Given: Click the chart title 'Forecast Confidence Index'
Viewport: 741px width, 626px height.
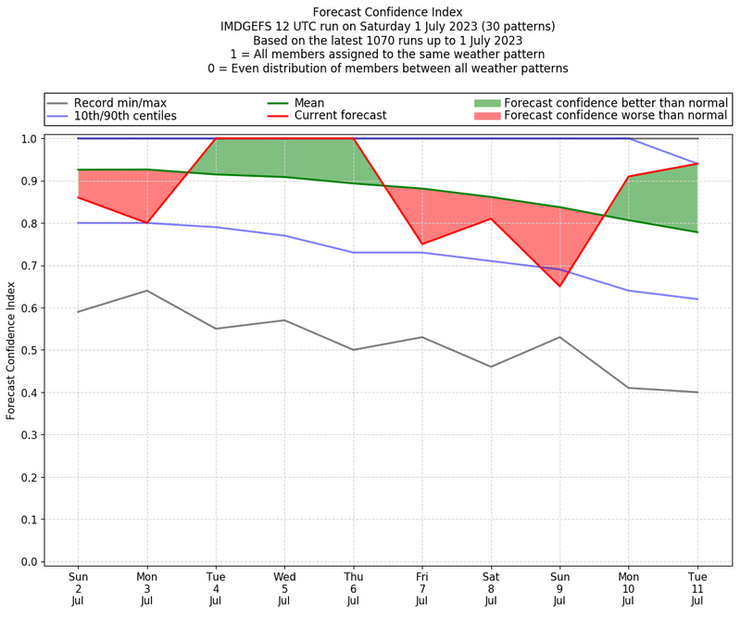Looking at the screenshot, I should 388,12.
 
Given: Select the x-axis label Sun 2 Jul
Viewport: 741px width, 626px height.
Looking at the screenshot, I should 79,588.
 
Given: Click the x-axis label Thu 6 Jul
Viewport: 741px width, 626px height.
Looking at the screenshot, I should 353,588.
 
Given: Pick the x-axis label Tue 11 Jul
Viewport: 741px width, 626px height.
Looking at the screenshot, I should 697,588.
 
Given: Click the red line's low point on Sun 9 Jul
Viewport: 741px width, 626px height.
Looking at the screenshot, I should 559,286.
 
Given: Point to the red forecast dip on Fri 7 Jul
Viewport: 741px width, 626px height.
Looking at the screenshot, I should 422,244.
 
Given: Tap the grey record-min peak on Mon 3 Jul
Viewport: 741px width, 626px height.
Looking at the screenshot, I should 147,291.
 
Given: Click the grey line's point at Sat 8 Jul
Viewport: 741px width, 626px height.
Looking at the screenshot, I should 491,367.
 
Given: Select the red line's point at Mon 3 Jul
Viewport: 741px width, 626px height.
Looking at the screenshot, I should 147,223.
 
